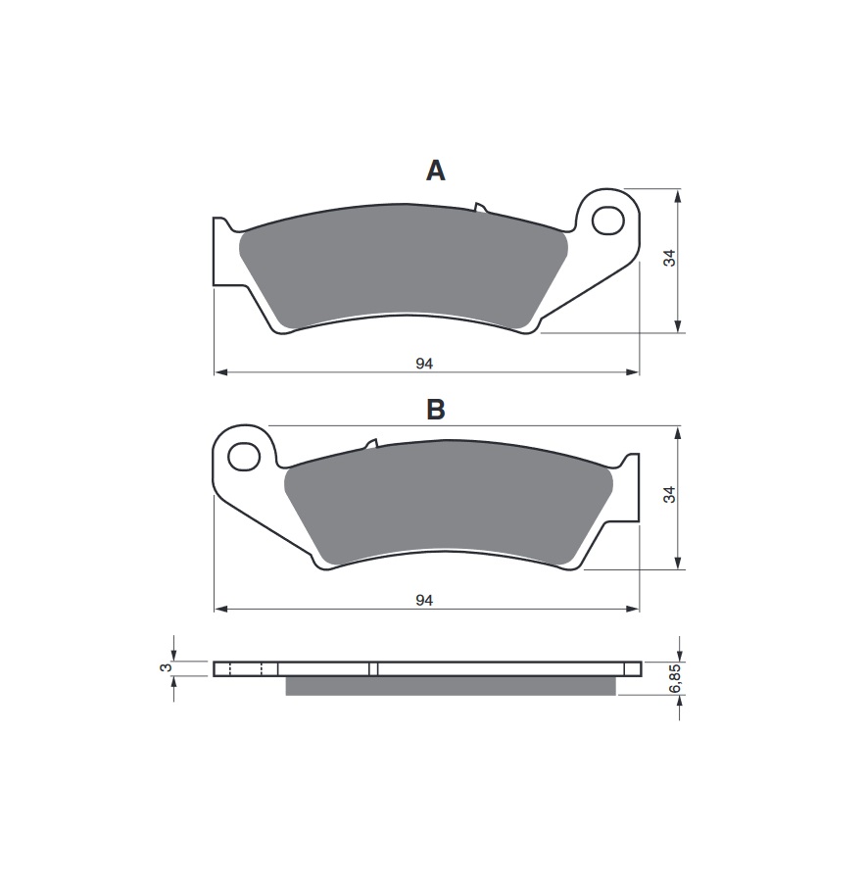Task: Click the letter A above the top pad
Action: [436, 171]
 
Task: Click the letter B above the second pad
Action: [436, 410]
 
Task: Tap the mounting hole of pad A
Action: [608, 221]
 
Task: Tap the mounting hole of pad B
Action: [244, 457]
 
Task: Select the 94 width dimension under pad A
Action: [424, 364]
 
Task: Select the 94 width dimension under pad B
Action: [424, 601]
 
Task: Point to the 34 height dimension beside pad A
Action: [669, 258]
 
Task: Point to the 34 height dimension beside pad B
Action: [669, 495]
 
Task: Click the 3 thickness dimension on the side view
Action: [166, 668]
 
